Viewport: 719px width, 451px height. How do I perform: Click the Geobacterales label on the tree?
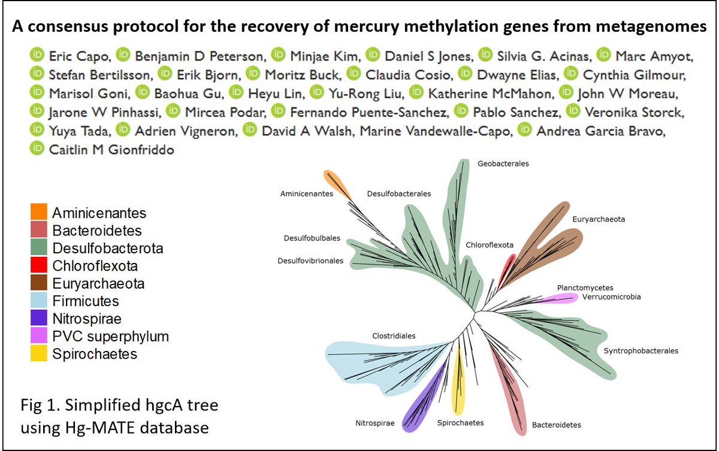tap(503, 163)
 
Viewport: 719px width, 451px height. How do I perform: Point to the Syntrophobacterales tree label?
tap(641, 351)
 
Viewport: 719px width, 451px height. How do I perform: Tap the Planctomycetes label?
tap(585, 287)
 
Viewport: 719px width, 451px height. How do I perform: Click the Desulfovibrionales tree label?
tap(310, 261)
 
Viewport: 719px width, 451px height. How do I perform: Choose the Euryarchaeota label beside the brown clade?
tap(598, 219)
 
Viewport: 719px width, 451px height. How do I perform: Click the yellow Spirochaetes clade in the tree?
tap(459, 383)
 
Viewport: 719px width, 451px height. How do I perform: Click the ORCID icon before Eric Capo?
tap(37, 56)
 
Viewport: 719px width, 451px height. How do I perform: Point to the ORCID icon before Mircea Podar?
tap(173, 112)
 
